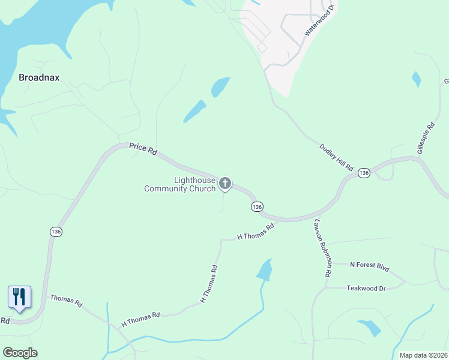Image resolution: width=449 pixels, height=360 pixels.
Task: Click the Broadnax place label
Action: pyautogui.click(x=39, y=77)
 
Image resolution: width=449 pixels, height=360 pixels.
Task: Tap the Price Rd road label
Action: pyautogui.click(x=143, y=149)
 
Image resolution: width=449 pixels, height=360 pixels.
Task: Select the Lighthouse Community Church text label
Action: pyautogui.click(x=179, y=184)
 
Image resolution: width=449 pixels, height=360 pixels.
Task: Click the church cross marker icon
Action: pyautogui.click(x=225, y=183)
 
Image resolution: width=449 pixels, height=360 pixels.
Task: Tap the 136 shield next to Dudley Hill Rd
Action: pyautogui.click(x=363, y=173)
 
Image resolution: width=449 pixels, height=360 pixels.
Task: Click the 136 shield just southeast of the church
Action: pyautogui.click(x=256, y=206)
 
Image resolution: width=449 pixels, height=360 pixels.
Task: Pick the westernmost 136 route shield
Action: pyautogui.click(x=56, y=232)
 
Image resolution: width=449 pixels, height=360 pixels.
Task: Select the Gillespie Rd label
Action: pyautogui.click(x=426, y=139)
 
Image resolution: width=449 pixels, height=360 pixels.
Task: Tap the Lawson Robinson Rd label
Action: pyautogui.click(x=321, y=247)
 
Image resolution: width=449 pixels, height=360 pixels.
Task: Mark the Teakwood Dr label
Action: pyautogui.click(x=366, y=288)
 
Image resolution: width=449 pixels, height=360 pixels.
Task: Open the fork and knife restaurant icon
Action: pyautogui.click(x=19, y=296)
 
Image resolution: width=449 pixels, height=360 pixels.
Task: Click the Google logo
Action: pyautogui.click(x=20, y=353)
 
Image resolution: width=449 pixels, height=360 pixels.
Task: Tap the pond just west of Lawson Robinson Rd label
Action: pyautogui.click(x=265, y=270)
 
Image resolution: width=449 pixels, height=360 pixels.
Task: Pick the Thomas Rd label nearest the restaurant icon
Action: pyautogui.click(x=66, y=301)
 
